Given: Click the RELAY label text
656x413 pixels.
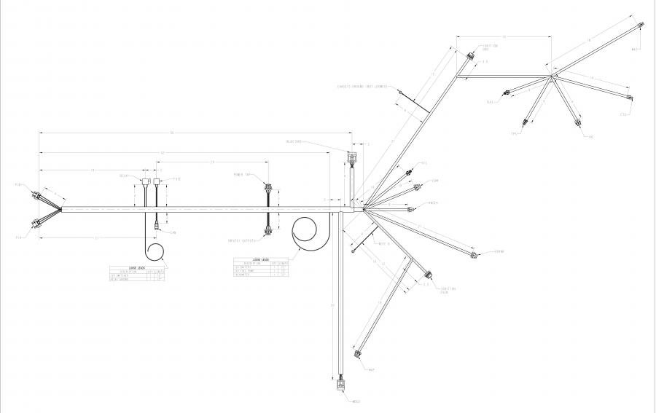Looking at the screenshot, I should (x=124, y=176).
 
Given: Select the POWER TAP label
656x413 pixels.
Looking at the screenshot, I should (x=242, y=176).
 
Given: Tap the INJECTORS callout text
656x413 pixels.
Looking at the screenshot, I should (x=294, y=142).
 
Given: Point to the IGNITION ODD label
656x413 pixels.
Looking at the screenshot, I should (x=490, y=47).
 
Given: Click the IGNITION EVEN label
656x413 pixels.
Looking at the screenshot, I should (x=448, y=291).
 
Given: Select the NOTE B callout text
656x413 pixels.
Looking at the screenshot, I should (x=385, y=245).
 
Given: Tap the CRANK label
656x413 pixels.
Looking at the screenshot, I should (x=499, y=251).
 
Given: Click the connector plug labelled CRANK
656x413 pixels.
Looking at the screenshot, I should (x=475, y=254).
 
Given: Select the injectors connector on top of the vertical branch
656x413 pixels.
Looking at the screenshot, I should (x=353, y=158).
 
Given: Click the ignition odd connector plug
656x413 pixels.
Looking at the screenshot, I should (x=469, y=55).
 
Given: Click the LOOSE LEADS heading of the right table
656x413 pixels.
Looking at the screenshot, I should (x=261, y=259).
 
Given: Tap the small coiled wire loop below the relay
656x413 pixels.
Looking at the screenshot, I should (x=155, y=252).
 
